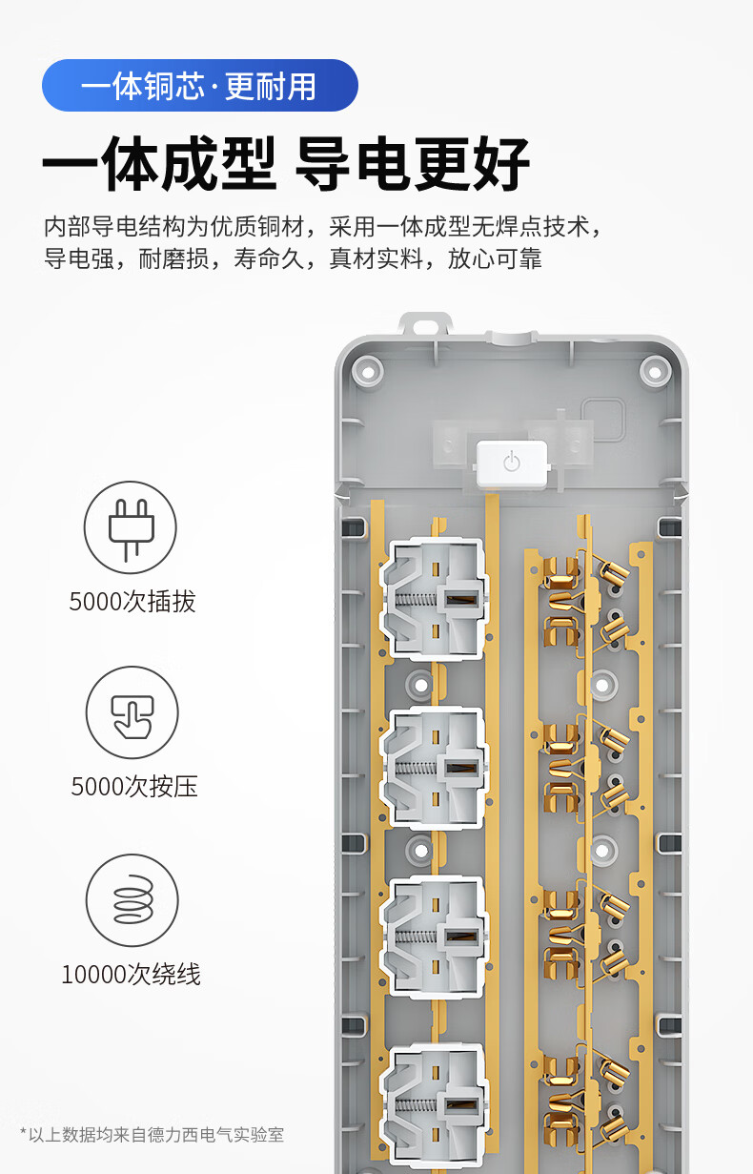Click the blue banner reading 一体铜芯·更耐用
pos(199,86)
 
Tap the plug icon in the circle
pos(131,528)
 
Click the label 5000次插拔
pos(132,601)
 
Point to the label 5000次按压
pos(134,786)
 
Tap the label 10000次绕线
pos(132,975)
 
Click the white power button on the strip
pos(512,463)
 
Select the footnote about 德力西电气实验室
pos(152,1135)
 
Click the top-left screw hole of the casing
pos(368,372)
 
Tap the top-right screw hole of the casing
pos(655,372)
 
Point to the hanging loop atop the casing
pos(425,323)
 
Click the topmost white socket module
pos(434,598)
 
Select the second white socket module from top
pos(434,769)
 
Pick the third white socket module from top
pos(434,937)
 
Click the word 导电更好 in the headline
pos(412,163)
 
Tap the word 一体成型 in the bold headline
pos(159,163)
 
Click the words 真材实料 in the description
pos(376,258)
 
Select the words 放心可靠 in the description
pos(495,258)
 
